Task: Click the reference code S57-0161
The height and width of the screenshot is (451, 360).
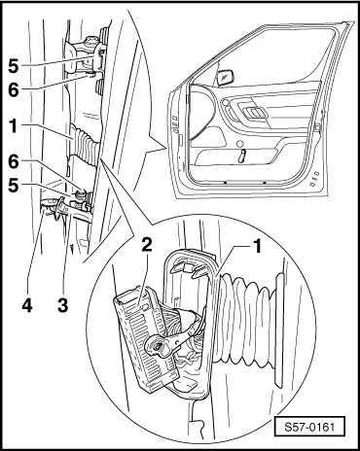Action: [309, 427]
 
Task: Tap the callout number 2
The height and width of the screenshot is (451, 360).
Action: [146, 245]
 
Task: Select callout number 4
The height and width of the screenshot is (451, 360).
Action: [27, 305]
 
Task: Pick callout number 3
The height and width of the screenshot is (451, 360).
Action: [63, 305]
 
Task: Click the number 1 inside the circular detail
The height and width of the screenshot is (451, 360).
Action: [257, 246]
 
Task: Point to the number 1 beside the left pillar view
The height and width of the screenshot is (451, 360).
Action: [13, 126]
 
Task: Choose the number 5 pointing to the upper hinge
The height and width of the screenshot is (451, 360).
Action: [14, 66]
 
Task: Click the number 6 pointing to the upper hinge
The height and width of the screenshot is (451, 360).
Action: [14, 89]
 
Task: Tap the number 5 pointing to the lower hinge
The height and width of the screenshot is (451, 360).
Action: [14, 186]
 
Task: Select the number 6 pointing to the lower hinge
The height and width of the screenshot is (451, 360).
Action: [14, 161]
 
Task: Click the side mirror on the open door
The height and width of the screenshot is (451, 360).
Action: [226, 78]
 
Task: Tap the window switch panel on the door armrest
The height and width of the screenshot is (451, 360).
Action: [255, 112]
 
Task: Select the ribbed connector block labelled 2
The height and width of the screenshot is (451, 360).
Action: [146, 337]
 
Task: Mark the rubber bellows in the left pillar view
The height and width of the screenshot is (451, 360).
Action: [84, 144]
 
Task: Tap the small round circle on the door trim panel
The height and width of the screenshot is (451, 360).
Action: [240, 144]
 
